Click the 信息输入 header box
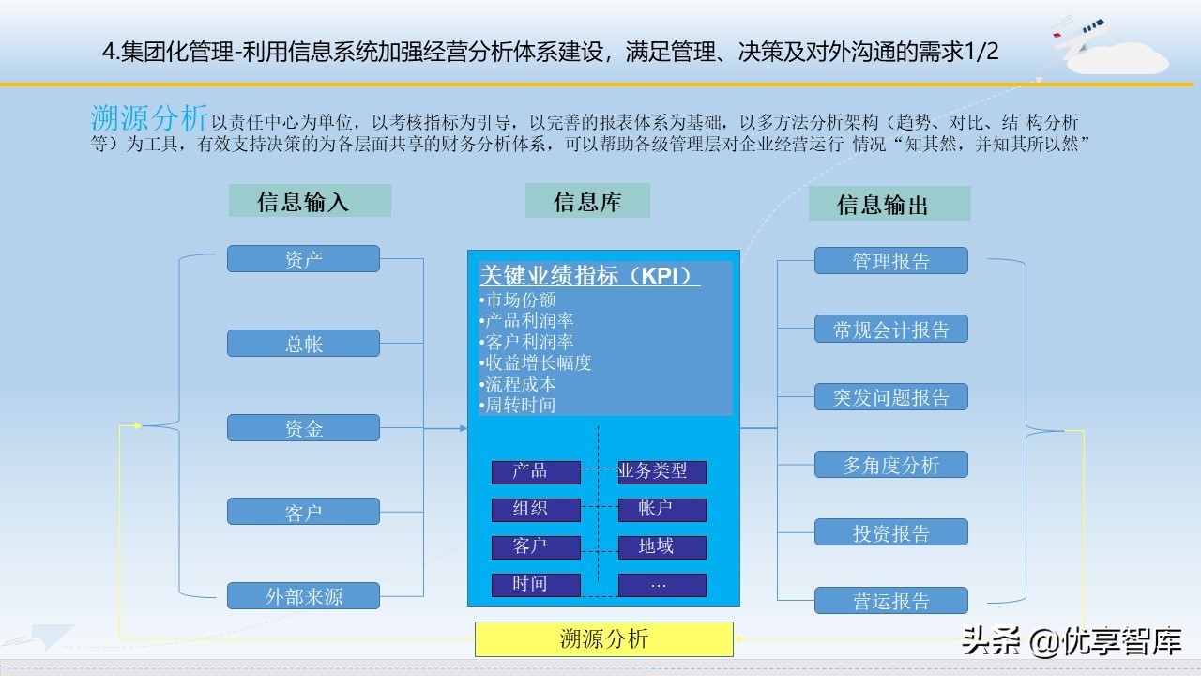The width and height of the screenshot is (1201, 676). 310,201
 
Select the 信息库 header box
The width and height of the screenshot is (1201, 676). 587,200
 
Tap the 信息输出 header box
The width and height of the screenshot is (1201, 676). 889,204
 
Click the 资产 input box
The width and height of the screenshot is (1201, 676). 303,259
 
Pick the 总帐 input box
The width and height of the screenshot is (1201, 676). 303,344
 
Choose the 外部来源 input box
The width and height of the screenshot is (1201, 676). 303,596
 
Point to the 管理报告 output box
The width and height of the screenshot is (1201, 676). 890,261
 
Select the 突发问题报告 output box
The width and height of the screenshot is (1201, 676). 890,397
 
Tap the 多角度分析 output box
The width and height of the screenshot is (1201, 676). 890,465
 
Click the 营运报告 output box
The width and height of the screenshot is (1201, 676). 890,601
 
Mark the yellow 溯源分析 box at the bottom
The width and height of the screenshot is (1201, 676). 603,639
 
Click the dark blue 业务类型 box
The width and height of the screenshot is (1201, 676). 661,471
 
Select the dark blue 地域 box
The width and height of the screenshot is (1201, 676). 661,546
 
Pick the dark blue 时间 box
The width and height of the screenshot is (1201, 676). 536,584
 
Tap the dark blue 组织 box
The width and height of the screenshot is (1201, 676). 536,509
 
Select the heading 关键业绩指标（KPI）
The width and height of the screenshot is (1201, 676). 589,276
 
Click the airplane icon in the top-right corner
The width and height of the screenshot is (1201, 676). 1079,33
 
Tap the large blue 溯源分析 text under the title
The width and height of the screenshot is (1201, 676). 149,119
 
